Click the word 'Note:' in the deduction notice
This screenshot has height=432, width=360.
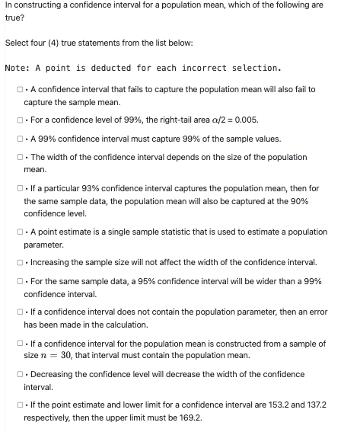coord(18,68)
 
